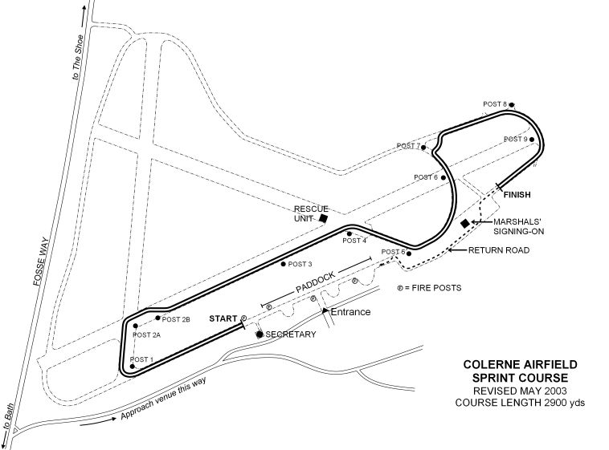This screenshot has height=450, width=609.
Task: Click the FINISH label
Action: [x=517, y=195]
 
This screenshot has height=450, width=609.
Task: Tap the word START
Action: [x=223, y=319]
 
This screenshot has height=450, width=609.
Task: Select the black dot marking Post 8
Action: [x=512, y=105]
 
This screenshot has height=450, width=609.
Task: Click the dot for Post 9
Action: [x=532, y=140]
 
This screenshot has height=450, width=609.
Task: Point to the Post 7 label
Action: [x=408, y=146]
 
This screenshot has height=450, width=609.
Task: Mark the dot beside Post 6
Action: [x=443, y=178]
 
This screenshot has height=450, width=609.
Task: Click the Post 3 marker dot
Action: [x=284, y=264]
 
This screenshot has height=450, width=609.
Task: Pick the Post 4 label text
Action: [x=354, y=241]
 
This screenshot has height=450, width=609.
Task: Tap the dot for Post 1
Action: [x=132, y=367]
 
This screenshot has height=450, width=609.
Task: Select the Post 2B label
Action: [x=176, y=320]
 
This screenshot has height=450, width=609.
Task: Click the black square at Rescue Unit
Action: [x=323, y=218]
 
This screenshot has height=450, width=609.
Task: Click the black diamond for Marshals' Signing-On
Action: [x=465, y=224]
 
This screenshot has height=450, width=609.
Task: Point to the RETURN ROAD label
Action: [x=499, y=250]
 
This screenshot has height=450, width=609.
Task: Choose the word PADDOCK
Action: [x=315, y=282]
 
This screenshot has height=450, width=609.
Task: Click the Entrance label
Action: [x=350, y=312]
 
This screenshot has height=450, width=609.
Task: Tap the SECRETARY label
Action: [x=291, y=334]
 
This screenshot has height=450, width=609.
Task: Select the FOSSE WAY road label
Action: [x=40, y=261]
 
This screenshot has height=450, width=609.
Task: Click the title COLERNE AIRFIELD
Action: [x=520, y=365]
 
